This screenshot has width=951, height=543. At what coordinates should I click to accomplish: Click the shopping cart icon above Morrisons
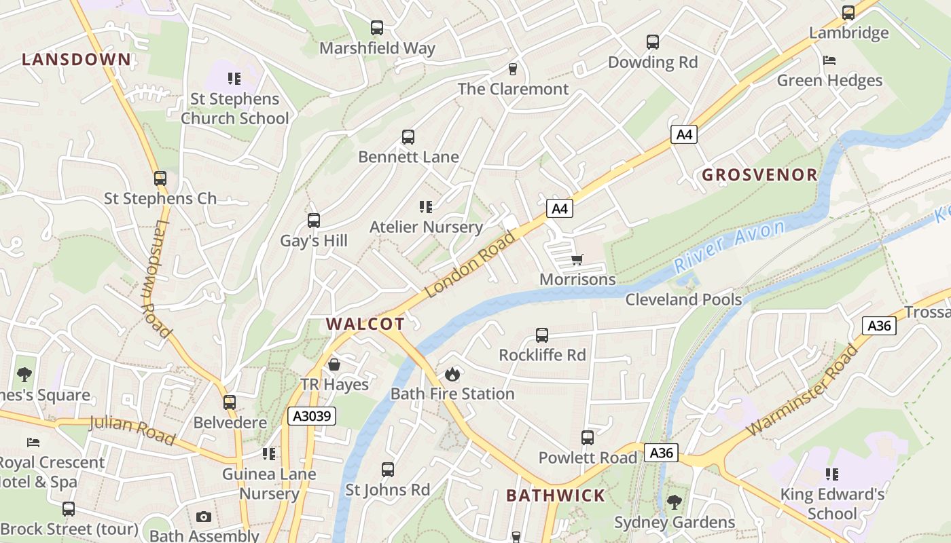577,259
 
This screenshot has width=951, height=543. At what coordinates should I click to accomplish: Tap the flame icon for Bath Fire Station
452,373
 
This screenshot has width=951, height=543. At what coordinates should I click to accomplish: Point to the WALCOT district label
365,324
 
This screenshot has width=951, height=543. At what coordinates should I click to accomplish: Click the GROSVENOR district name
759,174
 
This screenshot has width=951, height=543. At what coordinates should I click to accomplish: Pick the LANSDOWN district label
76,59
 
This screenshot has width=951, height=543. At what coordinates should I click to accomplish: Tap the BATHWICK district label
556,495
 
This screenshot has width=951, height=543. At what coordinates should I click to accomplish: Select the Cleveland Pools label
683,299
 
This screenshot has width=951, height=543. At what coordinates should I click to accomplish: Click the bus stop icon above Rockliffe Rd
541,335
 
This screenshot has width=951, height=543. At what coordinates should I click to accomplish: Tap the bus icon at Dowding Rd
653,42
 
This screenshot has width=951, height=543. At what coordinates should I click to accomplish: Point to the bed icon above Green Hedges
829,60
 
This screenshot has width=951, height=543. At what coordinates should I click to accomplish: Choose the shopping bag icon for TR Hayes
334,364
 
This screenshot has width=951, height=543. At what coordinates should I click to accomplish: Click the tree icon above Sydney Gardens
674,502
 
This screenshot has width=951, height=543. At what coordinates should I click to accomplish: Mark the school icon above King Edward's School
832,474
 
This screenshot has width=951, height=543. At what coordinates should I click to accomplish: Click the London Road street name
470,265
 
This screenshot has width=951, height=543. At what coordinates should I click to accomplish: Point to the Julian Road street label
132,430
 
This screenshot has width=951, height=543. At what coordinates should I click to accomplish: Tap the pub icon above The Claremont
513,69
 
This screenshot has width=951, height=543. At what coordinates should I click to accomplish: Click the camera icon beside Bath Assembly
203,517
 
